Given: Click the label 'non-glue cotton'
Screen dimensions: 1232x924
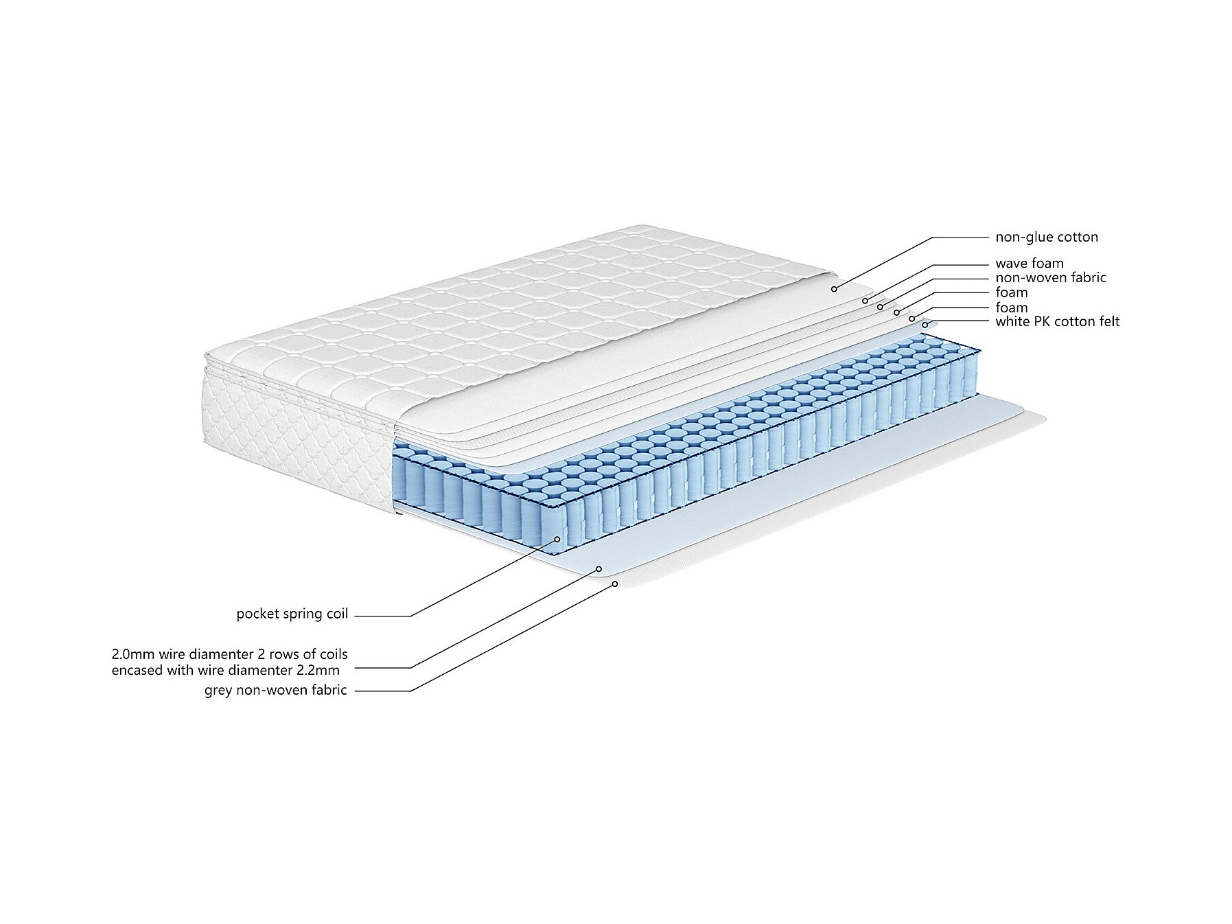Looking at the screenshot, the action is pyautogui.click(x=1046, y=238).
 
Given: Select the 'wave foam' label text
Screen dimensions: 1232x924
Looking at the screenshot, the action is pyautogui.click(x=1029, y=264).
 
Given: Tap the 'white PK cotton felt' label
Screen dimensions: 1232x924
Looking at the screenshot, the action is pyautogui.click(x=1057, y=321).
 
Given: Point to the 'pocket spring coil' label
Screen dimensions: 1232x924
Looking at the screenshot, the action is pyautogui.click(x=292, y=614).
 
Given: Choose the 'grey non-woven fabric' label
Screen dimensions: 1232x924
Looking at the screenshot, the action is pyautogui.click(x=275, y=691).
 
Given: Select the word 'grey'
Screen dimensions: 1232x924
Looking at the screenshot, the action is pyautogui.click(x=218, y=691).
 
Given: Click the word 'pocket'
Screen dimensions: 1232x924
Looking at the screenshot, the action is pyautogui.click(x=258, y=614).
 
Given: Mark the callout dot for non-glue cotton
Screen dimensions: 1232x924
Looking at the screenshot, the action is pyautogui.click(x=835, y=289).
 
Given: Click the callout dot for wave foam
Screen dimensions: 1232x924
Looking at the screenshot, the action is pyautogui.click(x=865, y=301).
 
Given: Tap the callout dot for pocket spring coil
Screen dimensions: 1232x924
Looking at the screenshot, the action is pyautogui.click(x=557, y=539).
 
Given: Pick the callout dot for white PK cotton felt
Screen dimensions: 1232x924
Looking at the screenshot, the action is pyautogui.click(x=925, y=325).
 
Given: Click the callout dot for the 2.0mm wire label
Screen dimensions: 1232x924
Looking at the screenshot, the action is pyautogui.click(x=599, y=568).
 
